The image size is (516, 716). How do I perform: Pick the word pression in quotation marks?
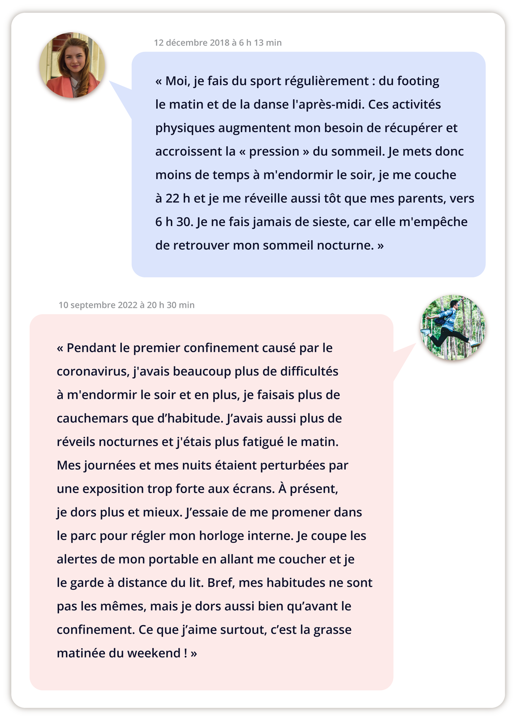point(274,152)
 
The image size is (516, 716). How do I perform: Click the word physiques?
point(185,128)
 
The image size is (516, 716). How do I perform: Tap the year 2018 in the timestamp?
point(219,43)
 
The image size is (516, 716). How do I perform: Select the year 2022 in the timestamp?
point(127,305)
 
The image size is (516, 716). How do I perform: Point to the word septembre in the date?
point(93,305)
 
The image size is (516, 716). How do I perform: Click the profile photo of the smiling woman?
point(72,65)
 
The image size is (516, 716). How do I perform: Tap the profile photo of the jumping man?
point(453,327)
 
